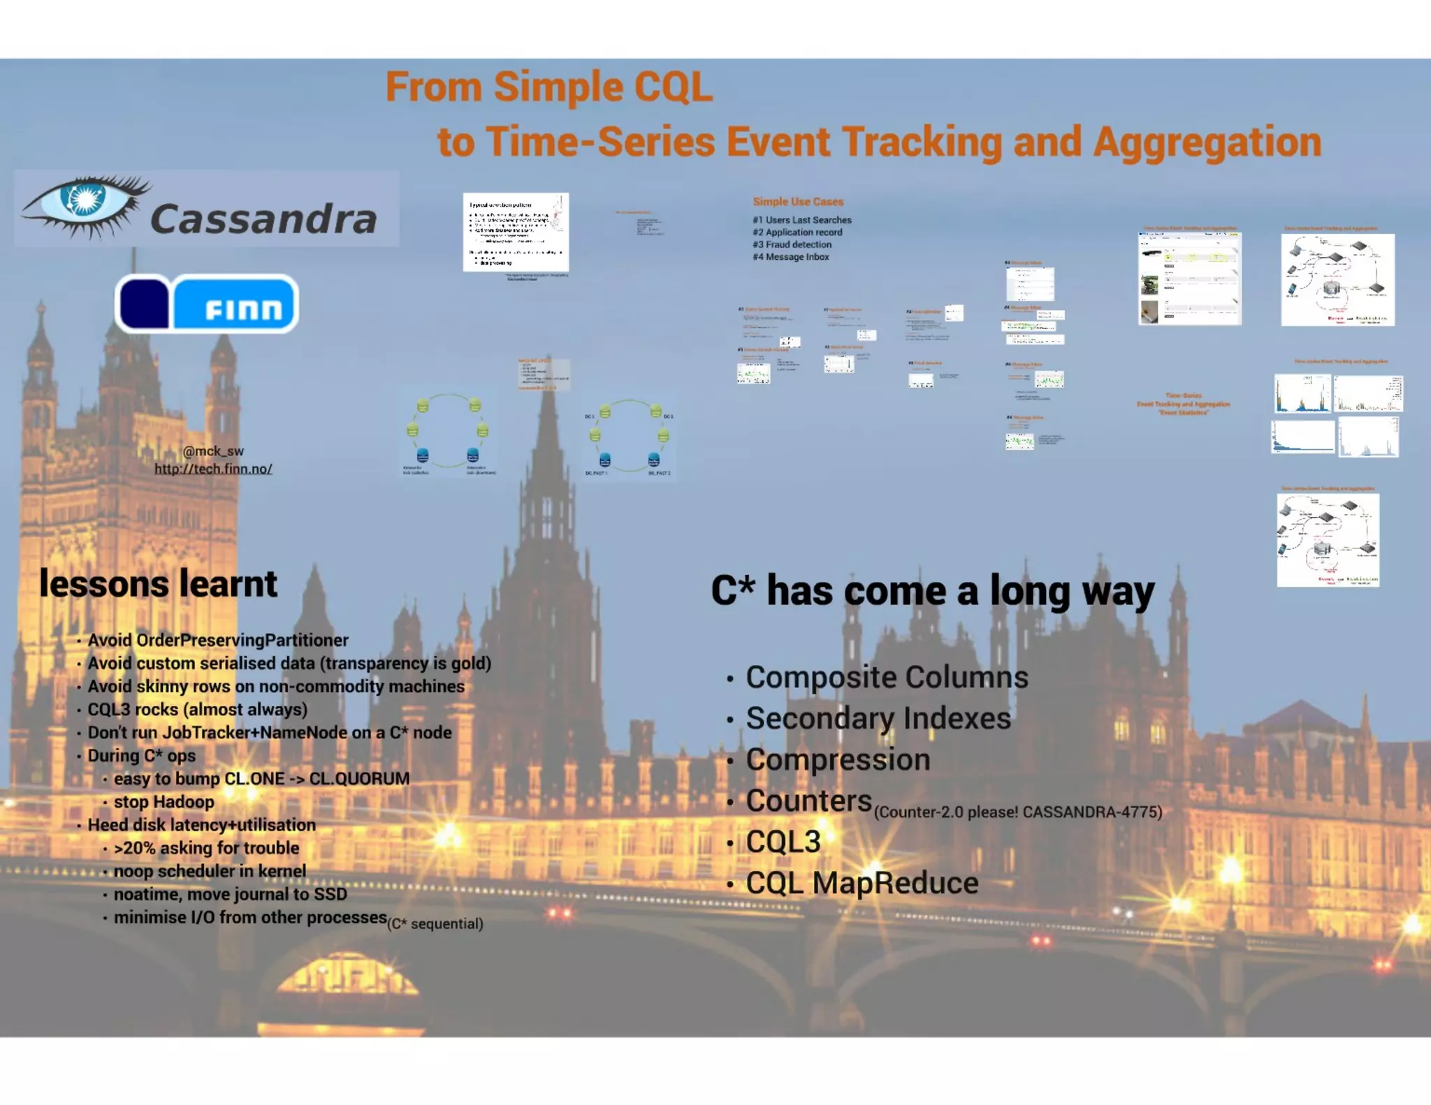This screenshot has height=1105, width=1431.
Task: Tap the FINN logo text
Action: (243, 307)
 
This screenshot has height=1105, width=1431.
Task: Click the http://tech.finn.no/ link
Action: (213, 469)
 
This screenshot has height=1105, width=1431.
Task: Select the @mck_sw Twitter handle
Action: (213, 451)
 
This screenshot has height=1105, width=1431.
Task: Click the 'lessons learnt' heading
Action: (159, 584)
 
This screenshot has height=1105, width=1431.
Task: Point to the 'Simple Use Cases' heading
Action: (798, 202)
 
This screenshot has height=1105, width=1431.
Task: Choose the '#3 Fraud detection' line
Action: (792, 244)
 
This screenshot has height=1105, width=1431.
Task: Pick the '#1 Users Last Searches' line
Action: (801, 220)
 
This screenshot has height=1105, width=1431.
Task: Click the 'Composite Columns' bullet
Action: (886, 677)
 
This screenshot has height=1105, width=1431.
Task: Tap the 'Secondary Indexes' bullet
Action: (878, 718)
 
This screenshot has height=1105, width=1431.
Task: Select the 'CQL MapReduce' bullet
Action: (862, 883)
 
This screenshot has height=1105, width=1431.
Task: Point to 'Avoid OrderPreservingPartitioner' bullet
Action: (217, 641)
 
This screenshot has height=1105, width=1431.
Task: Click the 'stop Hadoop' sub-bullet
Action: (164, 802)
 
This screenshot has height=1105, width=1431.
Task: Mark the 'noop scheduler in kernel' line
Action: (210, 871)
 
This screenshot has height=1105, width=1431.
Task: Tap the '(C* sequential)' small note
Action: (435, 924)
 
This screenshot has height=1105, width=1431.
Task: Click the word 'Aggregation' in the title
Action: (1207, 142)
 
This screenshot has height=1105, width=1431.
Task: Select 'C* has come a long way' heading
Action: (932, 591)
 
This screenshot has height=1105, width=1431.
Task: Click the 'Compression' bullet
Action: (837, 759)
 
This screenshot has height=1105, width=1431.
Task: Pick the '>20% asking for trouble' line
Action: (206, 848)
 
